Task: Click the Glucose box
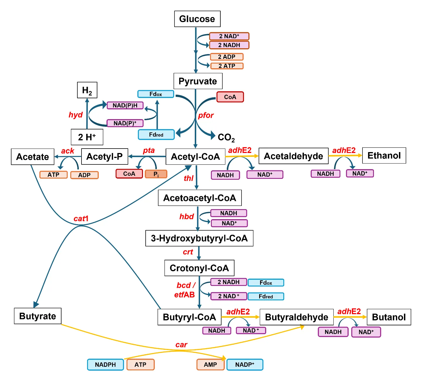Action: tap(197, 19)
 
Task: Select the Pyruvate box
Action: tap(198, 81)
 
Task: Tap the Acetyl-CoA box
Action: tap(195, 156)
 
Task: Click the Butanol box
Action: tap(389, 317)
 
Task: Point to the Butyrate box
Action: tap(38, 316)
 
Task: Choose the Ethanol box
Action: tap(384, 156)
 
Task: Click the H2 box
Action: tap(87, 90)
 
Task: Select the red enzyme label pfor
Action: tap(206, 115)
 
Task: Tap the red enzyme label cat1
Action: tap(81, 219)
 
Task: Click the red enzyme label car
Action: tap(181, 345)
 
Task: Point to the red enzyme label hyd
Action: tap(76, 115)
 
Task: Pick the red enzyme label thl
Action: tap(189, 178)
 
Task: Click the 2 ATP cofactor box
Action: tap(227, 66)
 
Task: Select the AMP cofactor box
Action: tap(210, 365)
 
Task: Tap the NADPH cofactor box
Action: tap(105, 365)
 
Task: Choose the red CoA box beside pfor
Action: tap(230, 97)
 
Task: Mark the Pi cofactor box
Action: tap(156, 174)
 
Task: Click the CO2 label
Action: tap(226, 137)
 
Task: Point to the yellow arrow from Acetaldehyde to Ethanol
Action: tap(345, 156)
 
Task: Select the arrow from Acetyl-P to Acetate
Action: tap(68, 156)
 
